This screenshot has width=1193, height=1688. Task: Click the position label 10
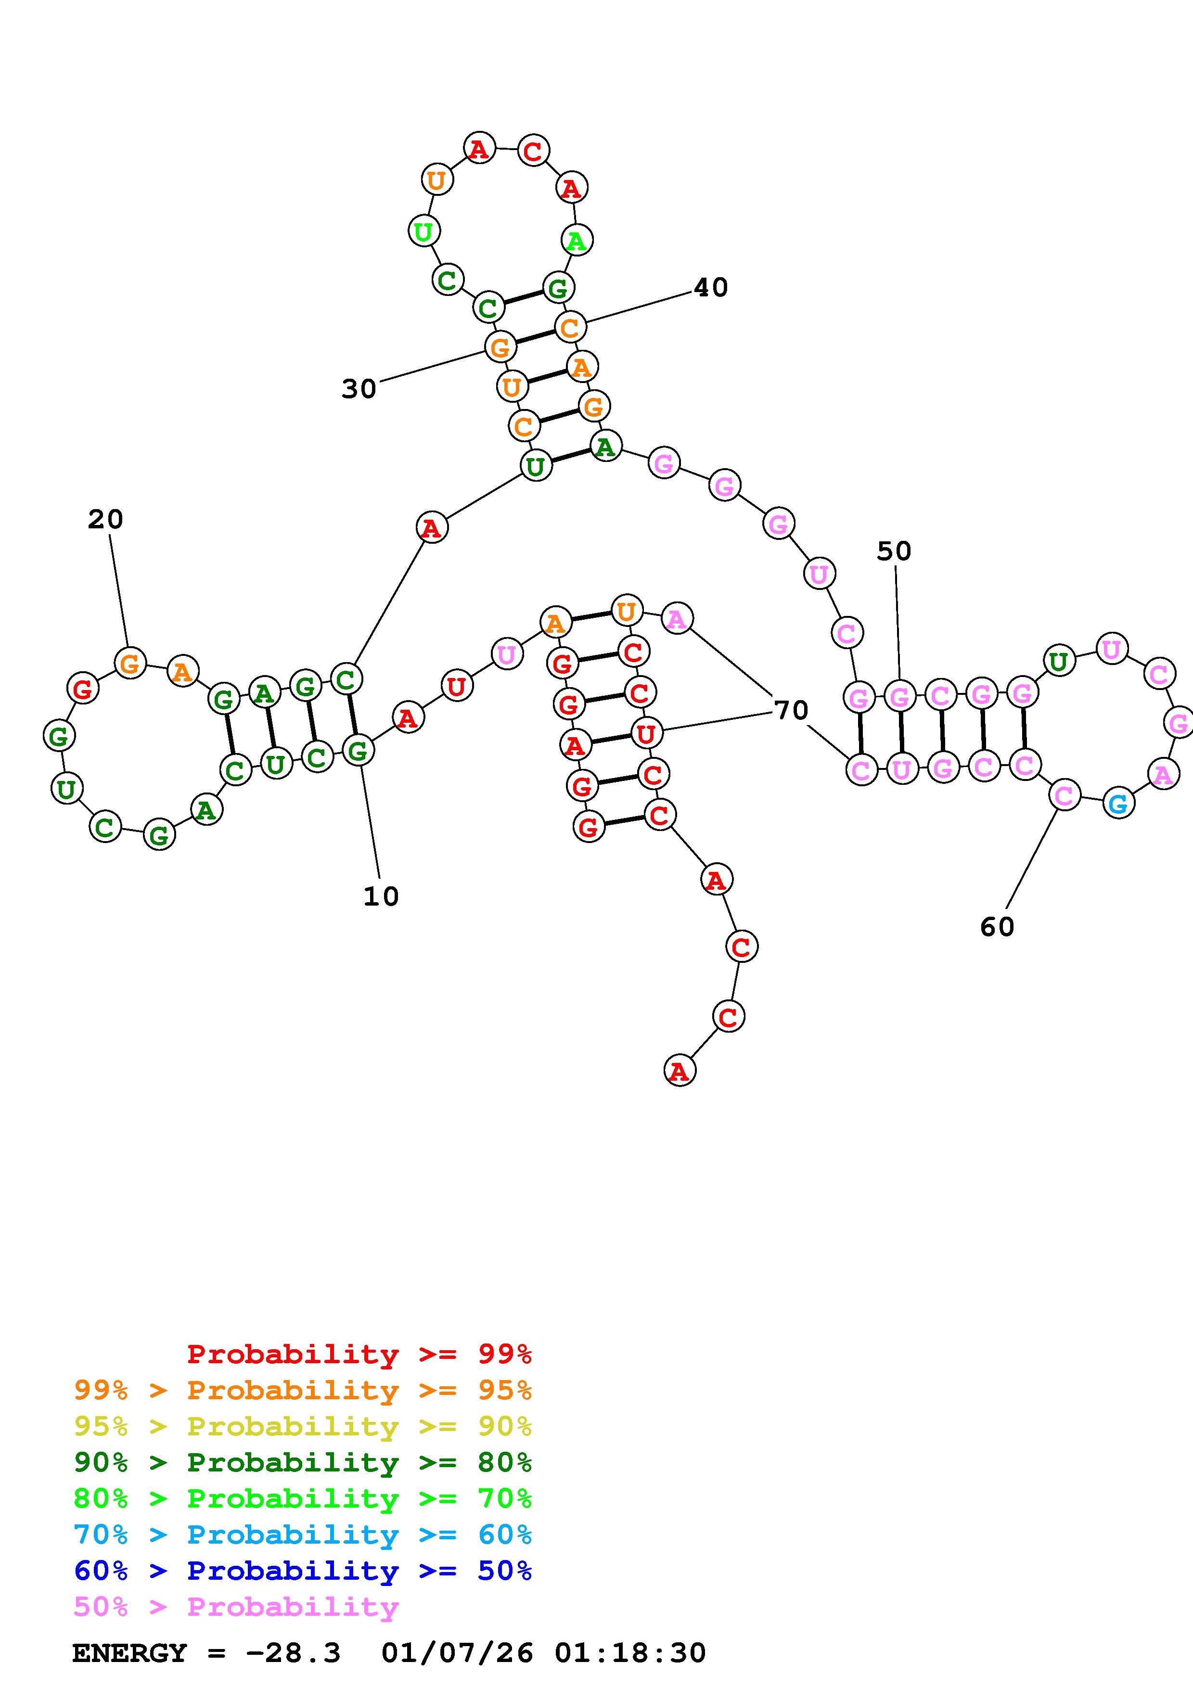pos(381,896)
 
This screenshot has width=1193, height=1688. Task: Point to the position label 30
pos(359,389)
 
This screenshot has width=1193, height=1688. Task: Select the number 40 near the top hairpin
pos(711,287)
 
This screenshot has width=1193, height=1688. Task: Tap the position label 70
pos(791,710)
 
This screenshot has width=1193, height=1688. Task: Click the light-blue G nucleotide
pos(1118,804)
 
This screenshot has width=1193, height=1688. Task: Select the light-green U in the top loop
pos(423,231)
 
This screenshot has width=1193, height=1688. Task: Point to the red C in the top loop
pos(532,152)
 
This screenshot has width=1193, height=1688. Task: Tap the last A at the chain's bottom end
pos(679,1071)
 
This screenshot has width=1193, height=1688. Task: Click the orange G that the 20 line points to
pos(130,663)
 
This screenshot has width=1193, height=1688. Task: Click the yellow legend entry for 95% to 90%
pos(303,1426)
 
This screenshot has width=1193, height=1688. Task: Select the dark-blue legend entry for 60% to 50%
pos(303,1571)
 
